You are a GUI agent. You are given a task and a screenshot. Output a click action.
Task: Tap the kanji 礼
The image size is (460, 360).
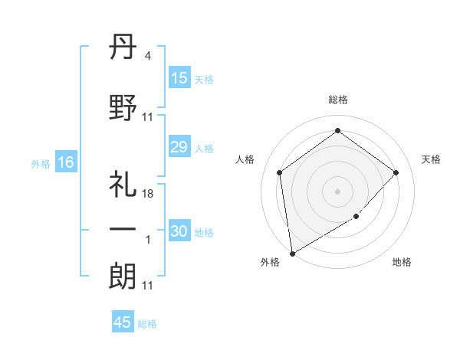(123, 185)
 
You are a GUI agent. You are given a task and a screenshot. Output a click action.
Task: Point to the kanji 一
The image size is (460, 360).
(123, 229)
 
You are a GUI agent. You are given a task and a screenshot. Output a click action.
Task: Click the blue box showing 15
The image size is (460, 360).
(179, 78)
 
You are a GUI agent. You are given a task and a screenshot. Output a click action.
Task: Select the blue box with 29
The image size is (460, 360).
(179, 147)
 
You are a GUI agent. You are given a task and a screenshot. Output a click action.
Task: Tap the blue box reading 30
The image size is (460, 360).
(179, 231)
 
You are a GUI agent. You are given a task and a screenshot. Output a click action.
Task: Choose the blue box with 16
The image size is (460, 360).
(65, 162)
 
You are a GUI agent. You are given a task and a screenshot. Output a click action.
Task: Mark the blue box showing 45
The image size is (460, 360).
(123, 322)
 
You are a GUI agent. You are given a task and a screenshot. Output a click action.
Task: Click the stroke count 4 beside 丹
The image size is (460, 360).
(147, 56)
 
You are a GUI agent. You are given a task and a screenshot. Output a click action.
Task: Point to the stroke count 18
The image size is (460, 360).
(148, 195)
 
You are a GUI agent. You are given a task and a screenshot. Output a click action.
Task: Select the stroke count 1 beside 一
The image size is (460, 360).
(148, 240)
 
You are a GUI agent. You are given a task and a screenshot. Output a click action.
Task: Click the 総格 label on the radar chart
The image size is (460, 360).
(337, 100)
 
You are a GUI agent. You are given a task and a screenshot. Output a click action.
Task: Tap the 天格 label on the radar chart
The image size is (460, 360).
(431, 159)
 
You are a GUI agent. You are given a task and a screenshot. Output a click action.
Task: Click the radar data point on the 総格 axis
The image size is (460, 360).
(337, 131)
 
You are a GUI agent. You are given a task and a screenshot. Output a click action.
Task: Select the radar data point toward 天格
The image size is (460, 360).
(396, 172)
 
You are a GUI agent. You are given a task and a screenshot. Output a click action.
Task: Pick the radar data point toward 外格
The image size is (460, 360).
(291, 253)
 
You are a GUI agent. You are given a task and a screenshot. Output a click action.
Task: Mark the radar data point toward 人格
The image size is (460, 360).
(280, 172)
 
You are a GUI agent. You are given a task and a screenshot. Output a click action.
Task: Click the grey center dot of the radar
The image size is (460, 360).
(337, 191)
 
